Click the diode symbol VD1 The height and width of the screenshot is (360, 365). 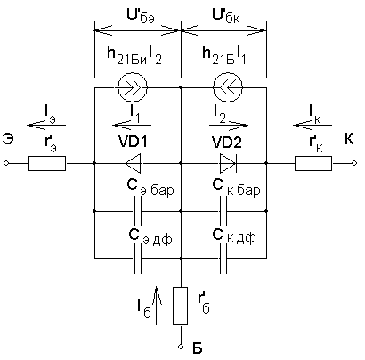click(134, 163)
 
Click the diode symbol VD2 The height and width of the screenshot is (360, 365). click(228, 163)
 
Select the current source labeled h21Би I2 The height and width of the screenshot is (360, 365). click(133, 87)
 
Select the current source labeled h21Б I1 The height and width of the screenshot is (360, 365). click(228, 87)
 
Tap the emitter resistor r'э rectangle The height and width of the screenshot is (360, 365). click(47, 163)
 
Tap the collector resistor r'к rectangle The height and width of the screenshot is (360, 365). click(313, 163)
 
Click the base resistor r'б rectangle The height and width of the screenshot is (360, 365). click(180, 306)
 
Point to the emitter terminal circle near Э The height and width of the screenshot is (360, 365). click(5, 163)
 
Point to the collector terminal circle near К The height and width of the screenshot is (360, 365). click(353, 163)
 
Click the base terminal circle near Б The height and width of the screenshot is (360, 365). click(180, 347)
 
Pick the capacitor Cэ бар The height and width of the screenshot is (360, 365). click(138, 211)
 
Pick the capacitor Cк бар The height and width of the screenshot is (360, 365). click(223, 211)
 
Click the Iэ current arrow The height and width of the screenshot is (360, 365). click(46, 126)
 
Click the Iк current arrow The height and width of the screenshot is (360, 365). click(312, 126)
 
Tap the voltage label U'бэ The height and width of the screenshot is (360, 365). click(141, 17)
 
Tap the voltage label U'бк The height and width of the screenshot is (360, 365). click(226, 17)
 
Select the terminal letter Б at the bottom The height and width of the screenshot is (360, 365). click(198, 348)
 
